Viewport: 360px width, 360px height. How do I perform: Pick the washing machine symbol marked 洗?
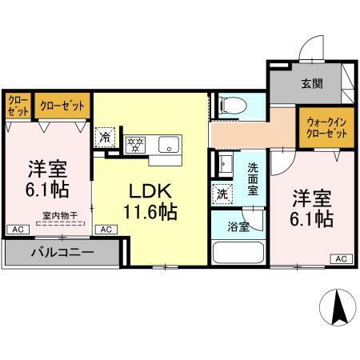[x=221, y=193]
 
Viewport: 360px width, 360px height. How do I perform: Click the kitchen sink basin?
[x=167, y=144]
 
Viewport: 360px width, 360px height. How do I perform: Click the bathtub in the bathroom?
[x=238, y=252]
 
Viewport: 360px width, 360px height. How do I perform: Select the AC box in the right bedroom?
[x=340, y=258]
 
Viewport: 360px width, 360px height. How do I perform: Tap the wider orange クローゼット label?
[x=60, y=105]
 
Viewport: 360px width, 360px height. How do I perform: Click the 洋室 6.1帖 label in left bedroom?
[x=48, y=179]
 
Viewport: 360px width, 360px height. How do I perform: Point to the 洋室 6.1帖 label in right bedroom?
[x=312, y=207]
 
